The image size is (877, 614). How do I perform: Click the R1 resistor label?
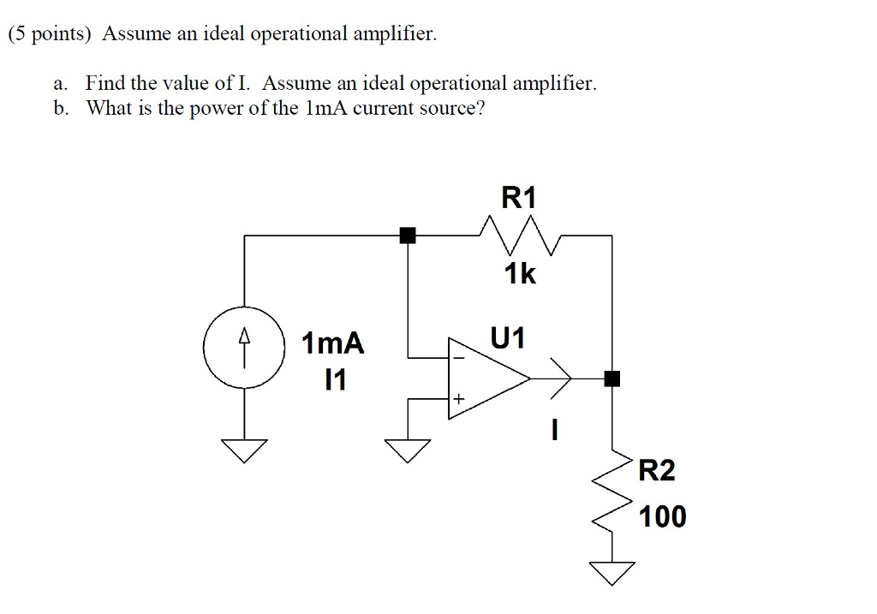coord(519,199)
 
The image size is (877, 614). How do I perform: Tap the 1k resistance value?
coord(519,274)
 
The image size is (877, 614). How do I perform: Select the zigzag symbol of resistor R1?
coord(520,234)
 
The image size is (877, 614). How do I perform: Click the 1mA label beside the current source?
coord(333,344)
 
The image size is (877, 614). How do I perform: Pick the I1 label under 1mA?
coord(337,380)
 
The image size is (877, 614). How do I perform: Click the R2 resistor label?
coord(657,470)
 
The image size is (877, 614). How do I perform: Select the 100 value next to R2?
coord(662,516)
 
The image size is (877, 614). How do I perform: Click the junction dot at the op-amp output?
coord(612,378)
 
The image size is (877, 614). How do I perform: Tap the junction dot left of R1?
coord(408,235)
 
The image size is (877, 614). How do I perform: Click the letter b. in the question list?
coord(59,109)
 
